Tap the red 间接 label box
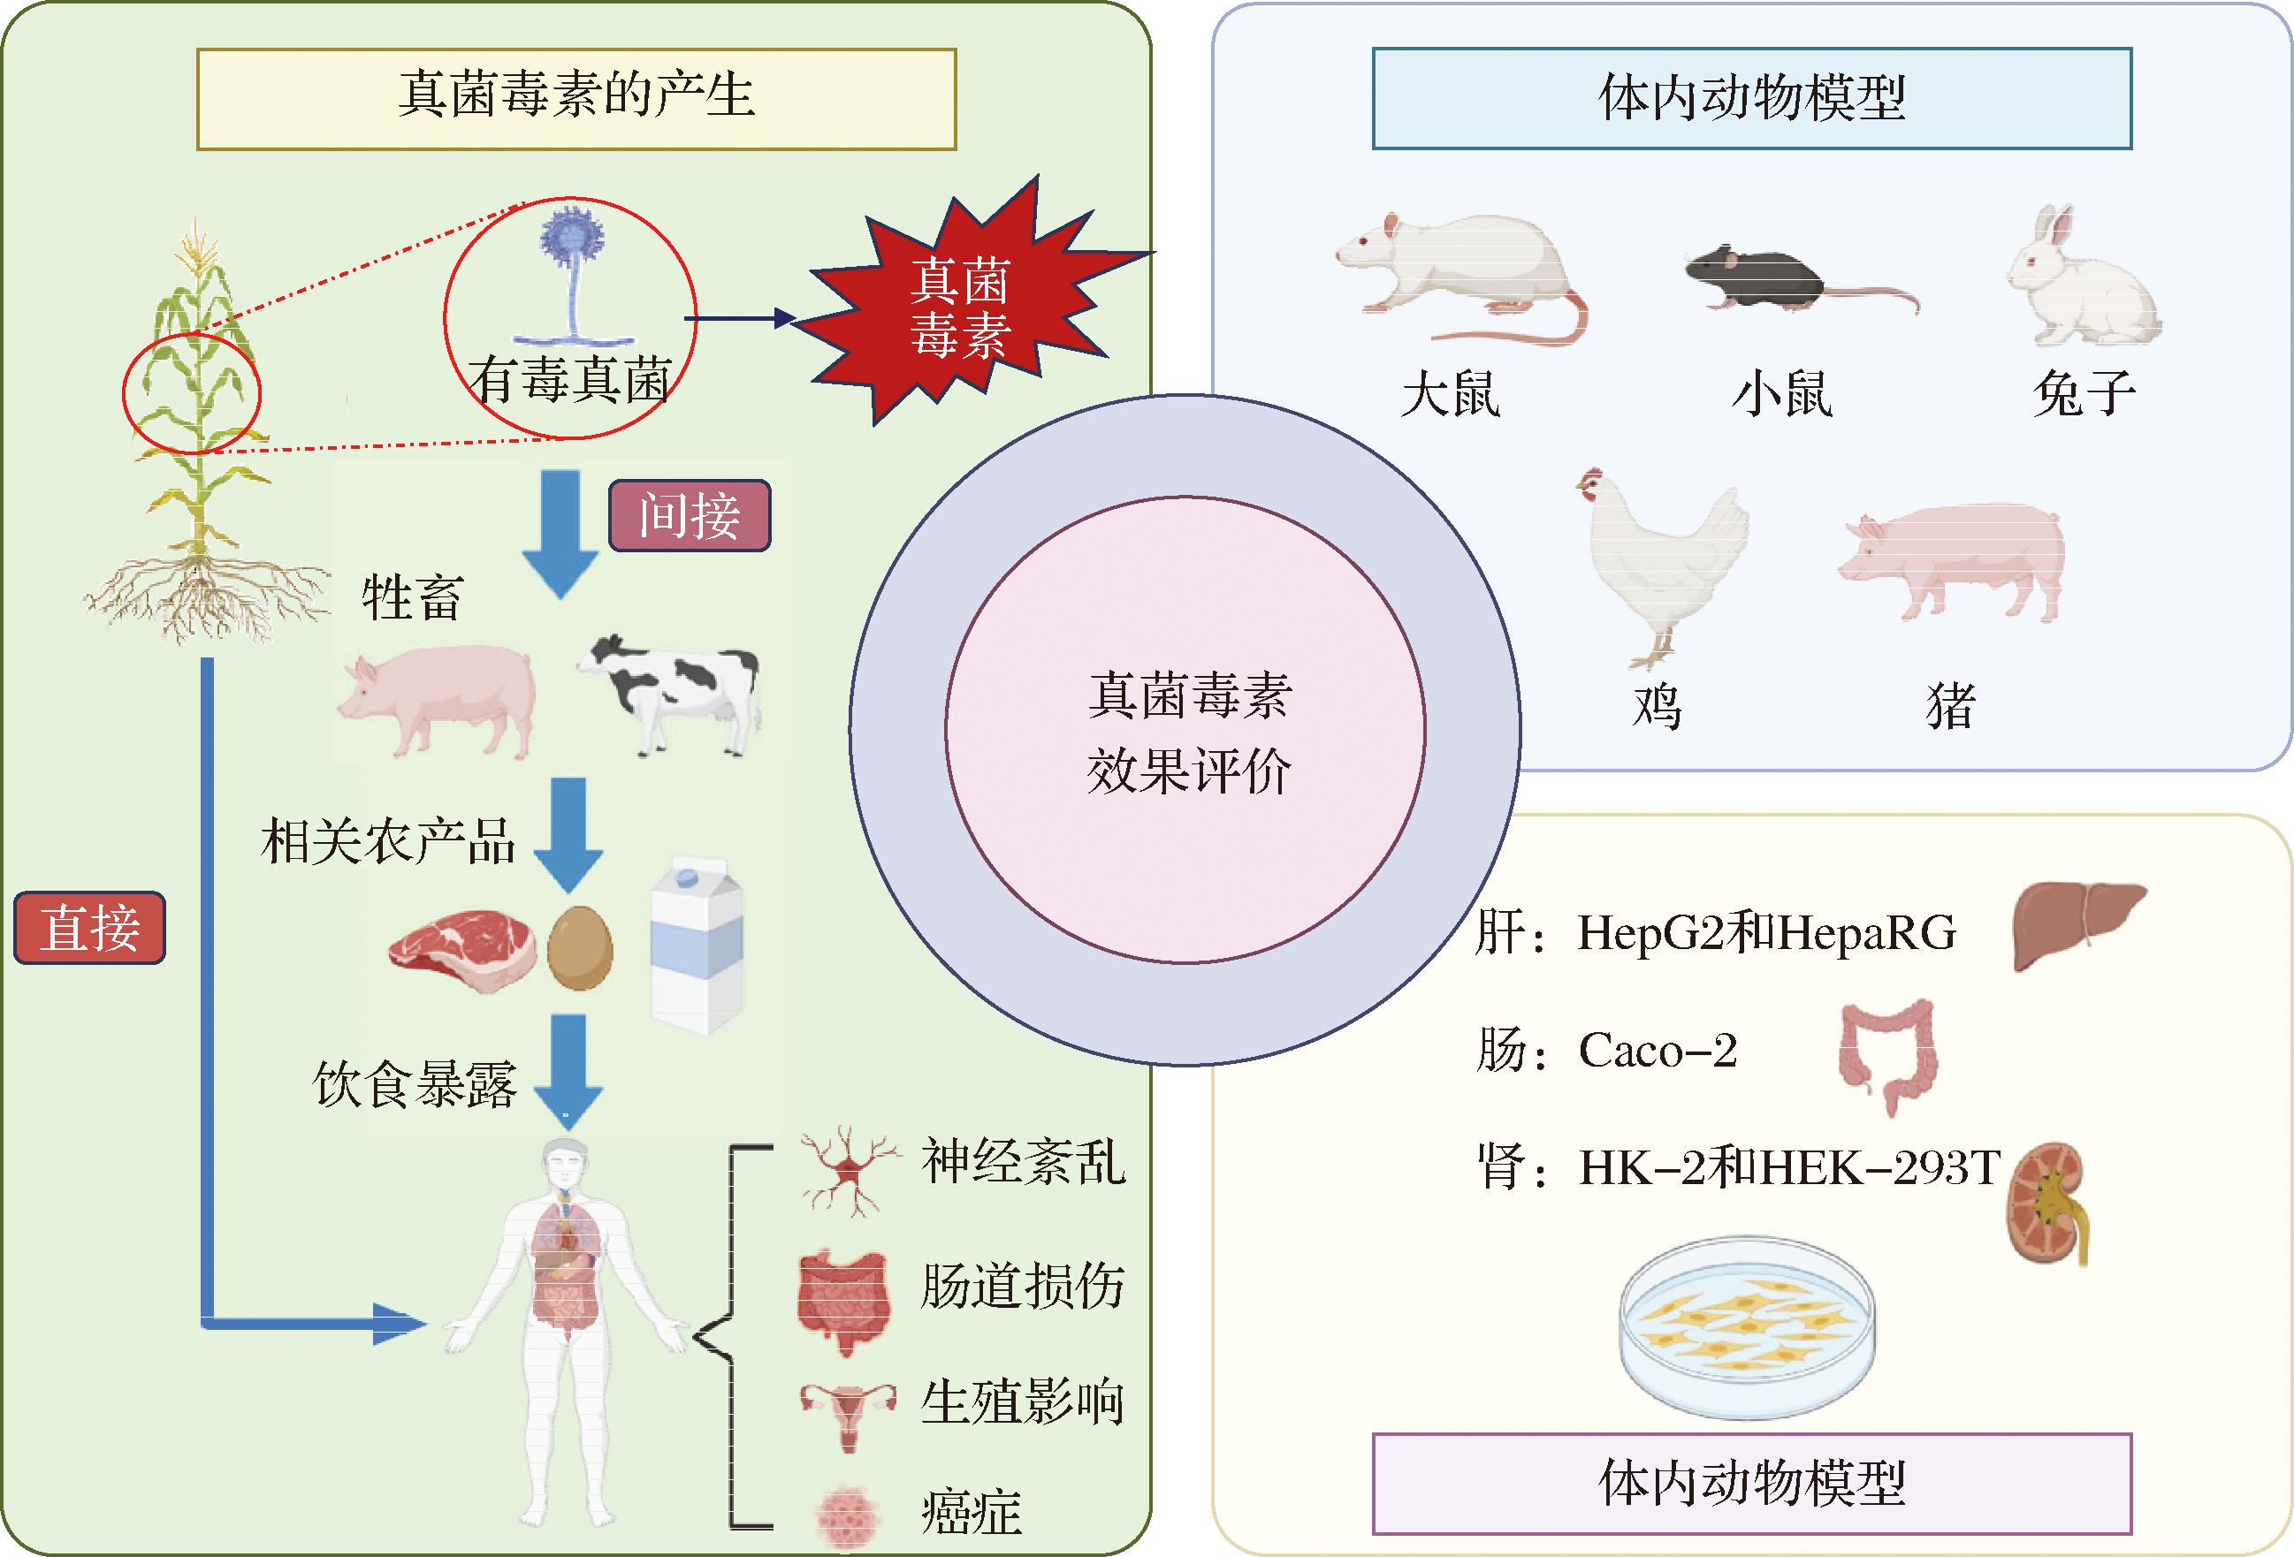pyautogui.click(x=689, y=515)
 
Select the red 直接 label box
pyautogui.click(x=90, y=929)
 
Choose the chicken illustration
pyautogui.click(x=1662, y=562)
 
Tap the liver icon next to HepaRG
pyautogui.click(x=2077, y=923)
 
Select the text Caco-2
pyautogui.click(x=1658, y=1051)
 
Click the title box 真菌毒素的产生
pyautogui.click(x=576, y=99)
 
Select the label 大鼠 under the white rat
pyautogui.click(x=1451, y=395)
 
